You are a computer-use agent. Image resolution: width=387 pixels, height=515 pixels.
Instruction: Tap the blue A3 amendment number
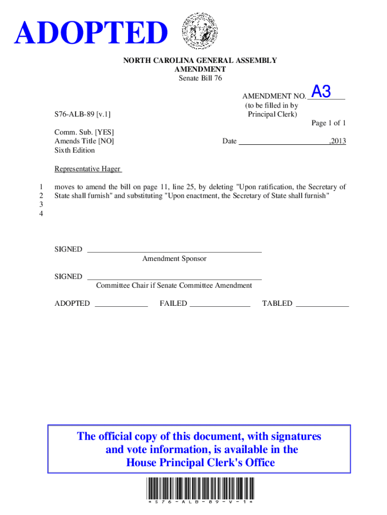click(321, 92)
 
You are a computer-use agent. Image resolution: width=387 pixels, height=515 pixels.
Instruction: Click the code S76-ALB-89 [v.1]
click(82, 115)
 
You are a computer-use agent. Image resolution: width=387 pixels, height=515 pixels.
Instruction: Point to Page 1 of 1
click(328, 123)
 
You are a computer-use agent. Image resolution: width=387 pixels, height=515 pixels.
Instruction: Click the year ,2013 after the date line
click(337, 141)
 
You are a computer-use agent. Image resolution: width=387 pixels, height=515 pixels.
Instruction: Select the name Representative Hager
click(87, 169)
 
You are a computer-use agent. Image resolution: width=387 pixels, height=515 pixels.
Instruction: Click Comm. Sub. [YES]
click(80, 132)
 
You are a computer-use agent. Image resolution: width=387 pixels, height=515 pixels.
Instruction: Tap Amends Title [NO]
click(84, 141)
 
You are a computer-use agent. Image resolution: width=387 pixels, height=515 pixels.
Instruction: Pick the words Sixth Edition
click(74, 150)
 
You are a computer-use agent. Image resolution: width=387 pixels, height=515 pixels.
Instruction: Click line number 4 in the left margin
click(41, 214)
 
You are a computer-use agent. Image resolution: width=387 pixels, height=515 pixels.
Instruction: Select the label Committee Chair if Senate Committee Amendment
click(174, 286)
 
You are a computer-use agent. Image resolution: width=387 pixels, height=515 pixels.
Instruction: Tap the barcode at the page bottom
click(200, 487)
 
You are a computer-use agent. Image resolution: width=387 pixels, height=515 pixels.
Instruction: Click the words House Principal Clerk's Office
click(200, 463)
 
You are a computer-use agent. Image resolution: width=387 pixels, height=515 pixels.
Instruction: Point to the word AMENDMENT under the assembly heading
click(200, 69)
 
